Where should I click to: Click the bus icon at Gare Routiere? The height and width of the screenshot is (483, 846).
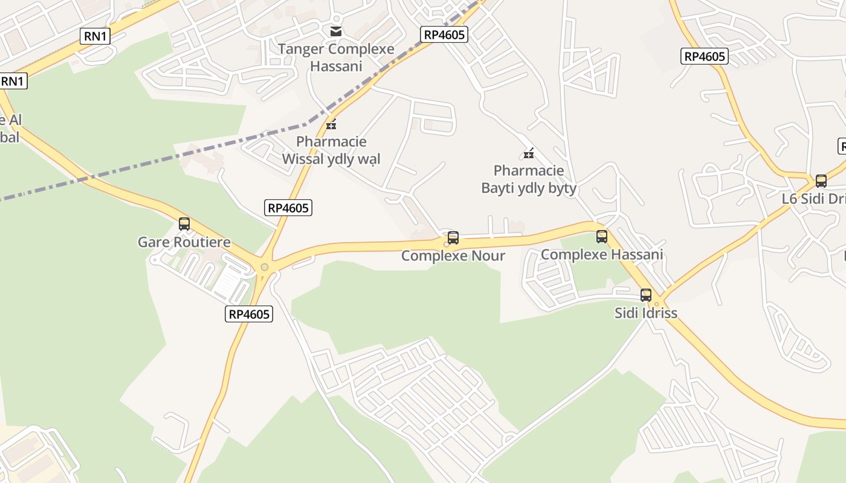(x=184, y=224)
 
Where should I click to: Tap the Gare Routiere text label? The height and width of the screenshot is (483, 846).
(x=184, y=242)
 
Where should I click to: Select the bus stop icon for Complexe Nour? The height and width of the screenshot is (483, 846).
(x=453, y=238)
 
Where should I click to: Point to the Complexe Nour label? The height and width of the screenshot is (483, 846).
(x=453, y=256)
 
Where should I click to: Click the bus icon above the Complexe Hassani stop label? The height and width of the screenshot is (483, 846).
(x=602, y=237)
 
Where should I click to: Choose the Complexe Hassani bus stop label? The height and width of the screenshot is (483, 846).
(x=602, y=255)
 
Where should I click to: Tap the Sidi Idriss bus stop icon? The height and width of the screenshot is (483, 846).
(x=646, y=295)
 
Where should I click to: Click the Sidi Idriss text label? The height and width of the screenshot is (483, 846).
(x=646, y=313)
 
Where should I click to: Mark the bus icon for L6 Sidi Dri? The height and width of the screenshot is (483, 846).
(x=821, y=181)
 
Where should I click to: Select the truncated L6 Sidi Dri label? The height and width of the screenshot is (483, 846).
(x=813, y=199)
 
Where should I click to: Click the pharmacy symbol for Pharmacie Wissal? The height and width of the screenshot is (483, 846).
(x=331, y=125)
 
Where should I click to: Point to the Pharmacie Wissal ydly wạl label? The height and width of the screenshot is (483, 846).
(x=332, y=150)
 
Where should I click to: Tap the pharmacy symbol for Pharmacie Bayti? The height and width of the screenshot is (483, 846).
(x=529, y=153)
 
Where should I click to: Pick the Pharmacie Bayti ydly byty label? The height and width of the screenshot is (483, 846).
(x=529, y=179)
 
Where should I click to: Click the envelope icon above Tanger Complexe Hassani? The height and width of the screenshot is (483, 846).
(x=336, y=31)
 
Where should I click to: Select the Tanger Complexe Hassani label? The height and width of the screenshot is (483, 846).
(x=336, y=57)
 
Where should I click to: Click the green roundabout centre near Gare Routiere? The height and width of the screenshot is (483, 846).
(x=264, y=267)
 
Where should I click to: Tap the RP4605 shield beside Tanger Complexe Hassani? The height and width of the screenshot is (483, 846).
(x=445, y=34)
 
